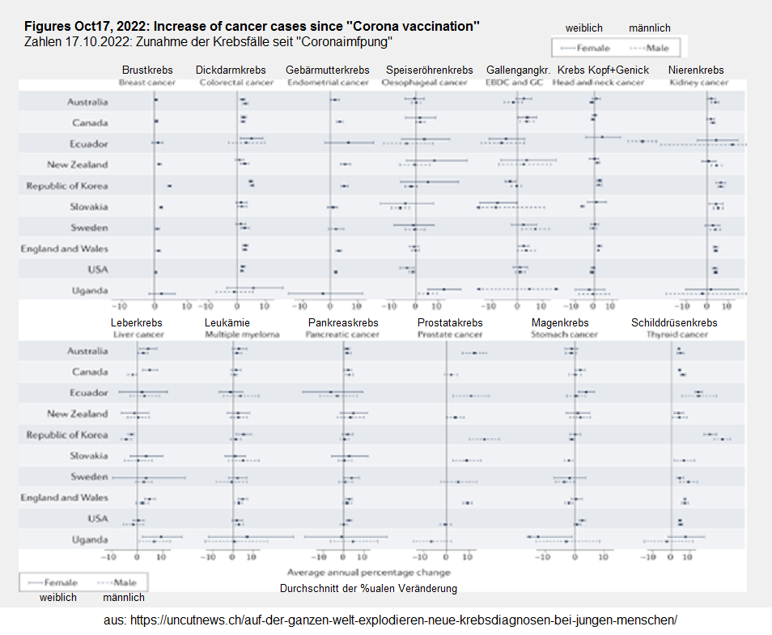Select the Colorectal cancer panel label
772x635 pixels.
(236, 83)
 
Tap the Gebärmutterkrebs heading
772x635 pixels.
(328, 70)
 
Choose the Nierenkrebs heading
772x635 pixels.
(696, 70)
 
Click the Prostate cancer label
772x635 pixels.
(450, 335)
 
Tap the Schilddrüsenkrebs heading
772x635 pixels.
(674, 322)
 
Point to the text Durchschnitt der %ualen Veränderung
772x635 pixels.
(368, 588)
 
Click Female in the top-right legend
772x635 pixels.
(594, 48)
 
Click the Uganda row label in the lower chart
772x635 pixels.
(88, 539)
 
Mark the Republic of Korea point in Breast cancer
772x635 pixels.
(169, 185)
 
